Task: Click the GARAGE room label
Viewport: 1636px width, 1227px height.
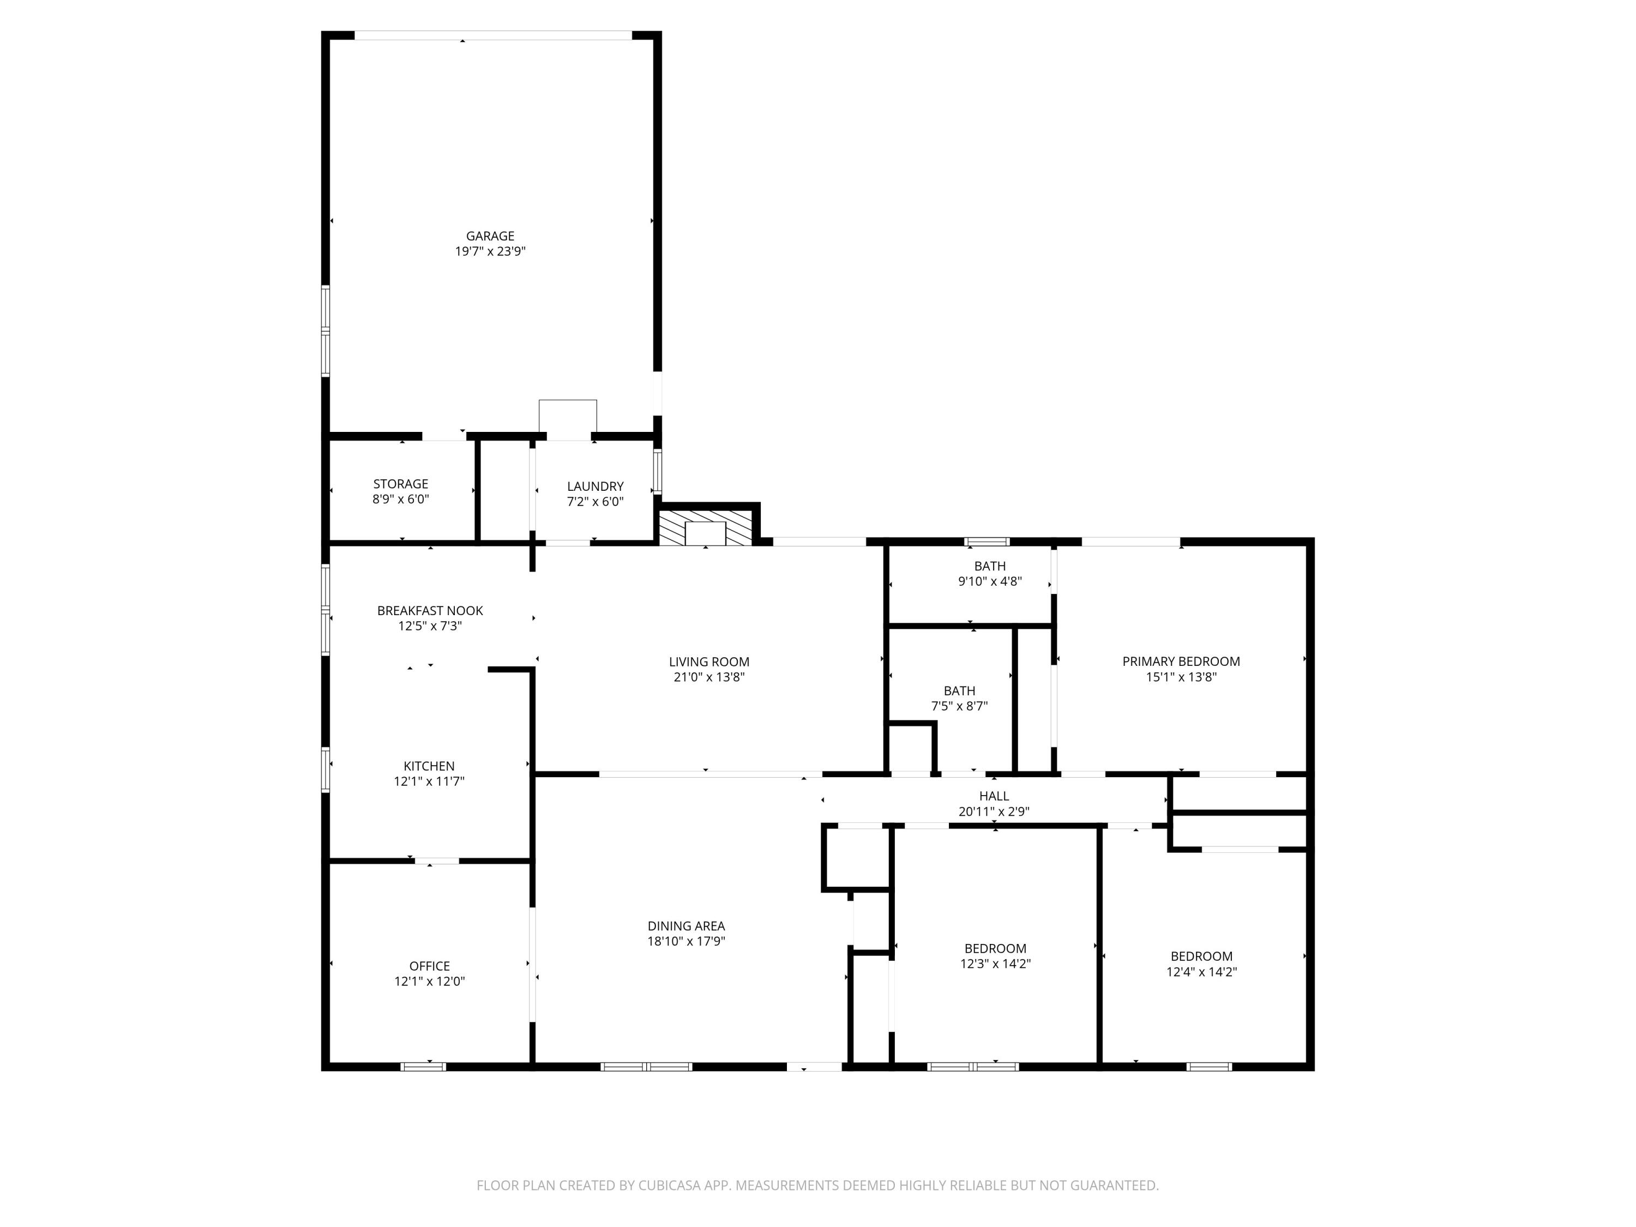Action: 490,236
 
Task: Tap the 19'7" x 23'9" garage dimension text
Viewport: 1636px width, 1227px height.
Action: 490,251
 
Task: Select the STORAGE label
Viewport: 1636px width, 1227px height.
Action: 400,484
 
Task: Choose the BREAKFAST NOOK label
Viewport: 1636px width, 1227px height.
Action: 430,610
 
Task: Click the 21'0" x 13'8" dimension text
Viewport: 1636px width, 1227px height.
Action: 708,677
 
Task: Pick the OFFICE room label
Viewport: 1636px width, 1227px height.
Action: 429,966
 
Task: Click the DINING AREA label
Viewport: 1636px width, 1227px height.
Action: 685,926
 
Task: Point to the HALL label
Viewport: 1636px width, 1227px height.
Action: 993,796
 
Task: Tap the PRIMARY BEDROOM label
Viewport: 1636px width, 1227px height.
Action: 1181,661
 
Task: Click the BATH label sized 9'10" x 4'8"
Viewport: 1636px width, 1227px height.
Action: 990,566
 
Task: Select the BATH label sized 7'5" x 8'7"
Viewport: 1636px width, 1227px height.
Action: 959,691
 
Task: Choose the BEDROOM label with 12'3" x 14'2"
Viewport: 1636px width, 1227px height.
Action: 995,948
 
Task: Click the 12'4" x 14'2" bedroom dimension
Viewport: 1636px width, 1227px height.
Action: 1201,972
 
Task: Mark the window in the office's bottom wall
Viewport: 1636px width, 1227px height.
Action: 423,1067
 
